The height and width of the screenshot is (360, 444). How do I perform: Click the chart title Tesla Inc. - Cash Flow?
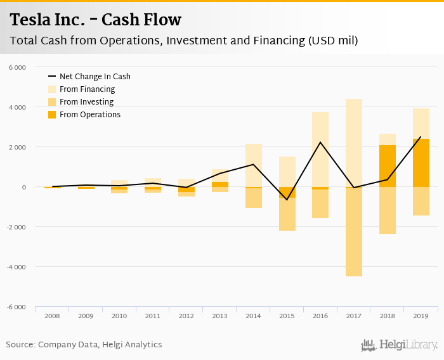[96, 20]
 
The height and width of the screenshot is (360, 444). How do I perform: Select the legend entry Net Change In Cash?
[95, 77]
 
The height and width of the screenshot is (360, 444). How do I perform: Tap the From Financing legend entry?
[87, 89]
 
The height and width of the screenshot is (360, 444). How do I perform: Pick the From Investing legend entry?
[86, 102]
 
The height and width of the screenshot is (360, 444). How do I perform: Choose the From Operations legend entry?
[89, 115]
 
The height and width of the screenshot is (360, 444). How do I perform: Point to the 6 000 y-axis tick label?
[18, 67]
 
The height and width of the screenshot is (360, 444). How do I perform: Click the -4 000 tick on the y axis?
[16, 267]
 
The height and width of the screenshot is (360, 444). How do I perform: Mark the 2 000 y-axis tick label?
[18, 147]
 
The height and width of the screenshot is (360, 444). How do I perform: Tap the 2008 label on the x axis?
[52, 315]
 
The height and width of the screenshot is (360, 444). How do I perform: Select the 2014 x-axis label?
[254, 315]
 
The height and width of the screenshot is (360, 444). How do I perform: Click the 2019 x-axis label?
[421, 315]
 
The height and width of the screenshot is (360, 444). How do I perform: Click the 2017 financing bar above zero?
[354, 143]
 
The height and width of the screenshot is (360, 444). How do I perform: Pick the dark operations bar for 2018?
[387, 166]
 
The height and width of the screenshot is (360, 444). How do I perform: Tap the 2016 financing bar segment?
[320, 149]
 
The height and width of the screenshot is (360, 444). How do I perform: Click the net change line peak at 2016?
[320, 142]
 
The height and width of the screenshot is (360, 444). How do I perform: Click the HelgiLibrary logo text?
[408, 345]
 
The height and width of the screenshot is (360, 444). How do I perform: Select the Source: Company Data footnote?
[84, 345]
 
